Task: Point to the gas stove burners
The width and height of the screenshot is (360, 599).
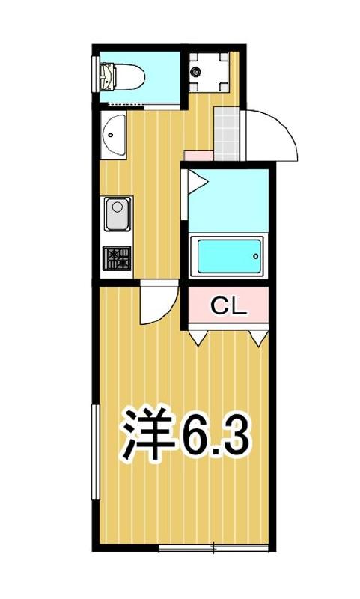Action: [117, 259]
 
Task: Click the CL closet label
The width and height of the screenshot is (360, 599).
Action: [228, 305]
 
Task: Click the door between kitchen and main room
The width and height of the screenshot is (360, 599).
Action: [158, 303]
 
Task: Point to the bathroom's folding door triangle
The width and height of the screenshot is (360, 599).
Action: [198, 182]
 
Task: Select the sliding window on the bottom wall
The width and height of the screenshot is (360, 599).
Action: [214, 550]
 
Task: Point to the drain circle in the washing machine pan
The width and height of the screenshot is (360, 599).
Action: [197, 73]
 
